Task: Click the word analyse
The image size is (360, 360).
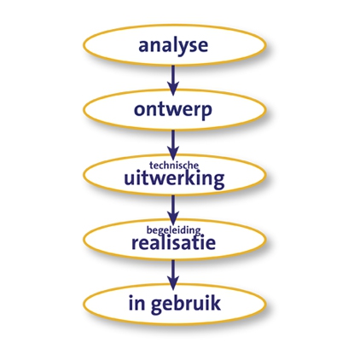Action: point(173,46)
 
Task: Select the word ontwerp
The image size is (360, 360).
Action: point(173,110)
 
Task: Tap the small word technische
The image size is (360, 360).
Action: point(174,165)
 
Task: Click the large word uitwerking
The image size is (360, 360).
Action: point(174,179)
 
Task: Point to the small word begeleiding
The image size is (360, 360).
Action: point(174,229)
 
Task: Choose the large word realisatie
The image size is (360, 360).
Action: point(173,242)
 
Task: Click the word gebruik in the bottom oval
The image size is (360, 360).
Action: point(186,304)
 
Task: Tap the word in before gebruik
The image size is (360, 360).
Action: point(137,303)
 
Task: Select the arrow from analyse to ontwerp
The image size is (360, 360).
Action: point(173,80)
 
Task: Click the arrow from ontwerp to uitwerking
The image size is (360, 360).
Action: point(173,145)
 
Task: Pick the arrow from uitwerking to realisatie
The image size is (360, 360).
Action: point(173,210)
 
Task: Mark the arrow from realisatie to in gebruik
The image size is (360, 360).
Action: point(173,275)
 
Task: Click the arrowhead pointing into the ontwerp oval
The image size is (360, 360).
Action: point(173,89)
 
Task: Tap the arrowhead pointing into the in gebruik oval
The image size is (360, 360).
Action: point(173,283)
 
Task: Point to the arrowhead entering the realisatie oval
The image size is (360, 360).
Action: point(173,218)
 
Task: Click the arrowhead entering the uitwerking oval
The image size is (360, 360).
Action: point(173,154)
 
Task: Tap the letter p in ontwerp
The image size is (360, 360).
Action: point(206,112)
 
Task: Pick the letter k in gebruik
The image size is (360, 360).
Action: point(215,303)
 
